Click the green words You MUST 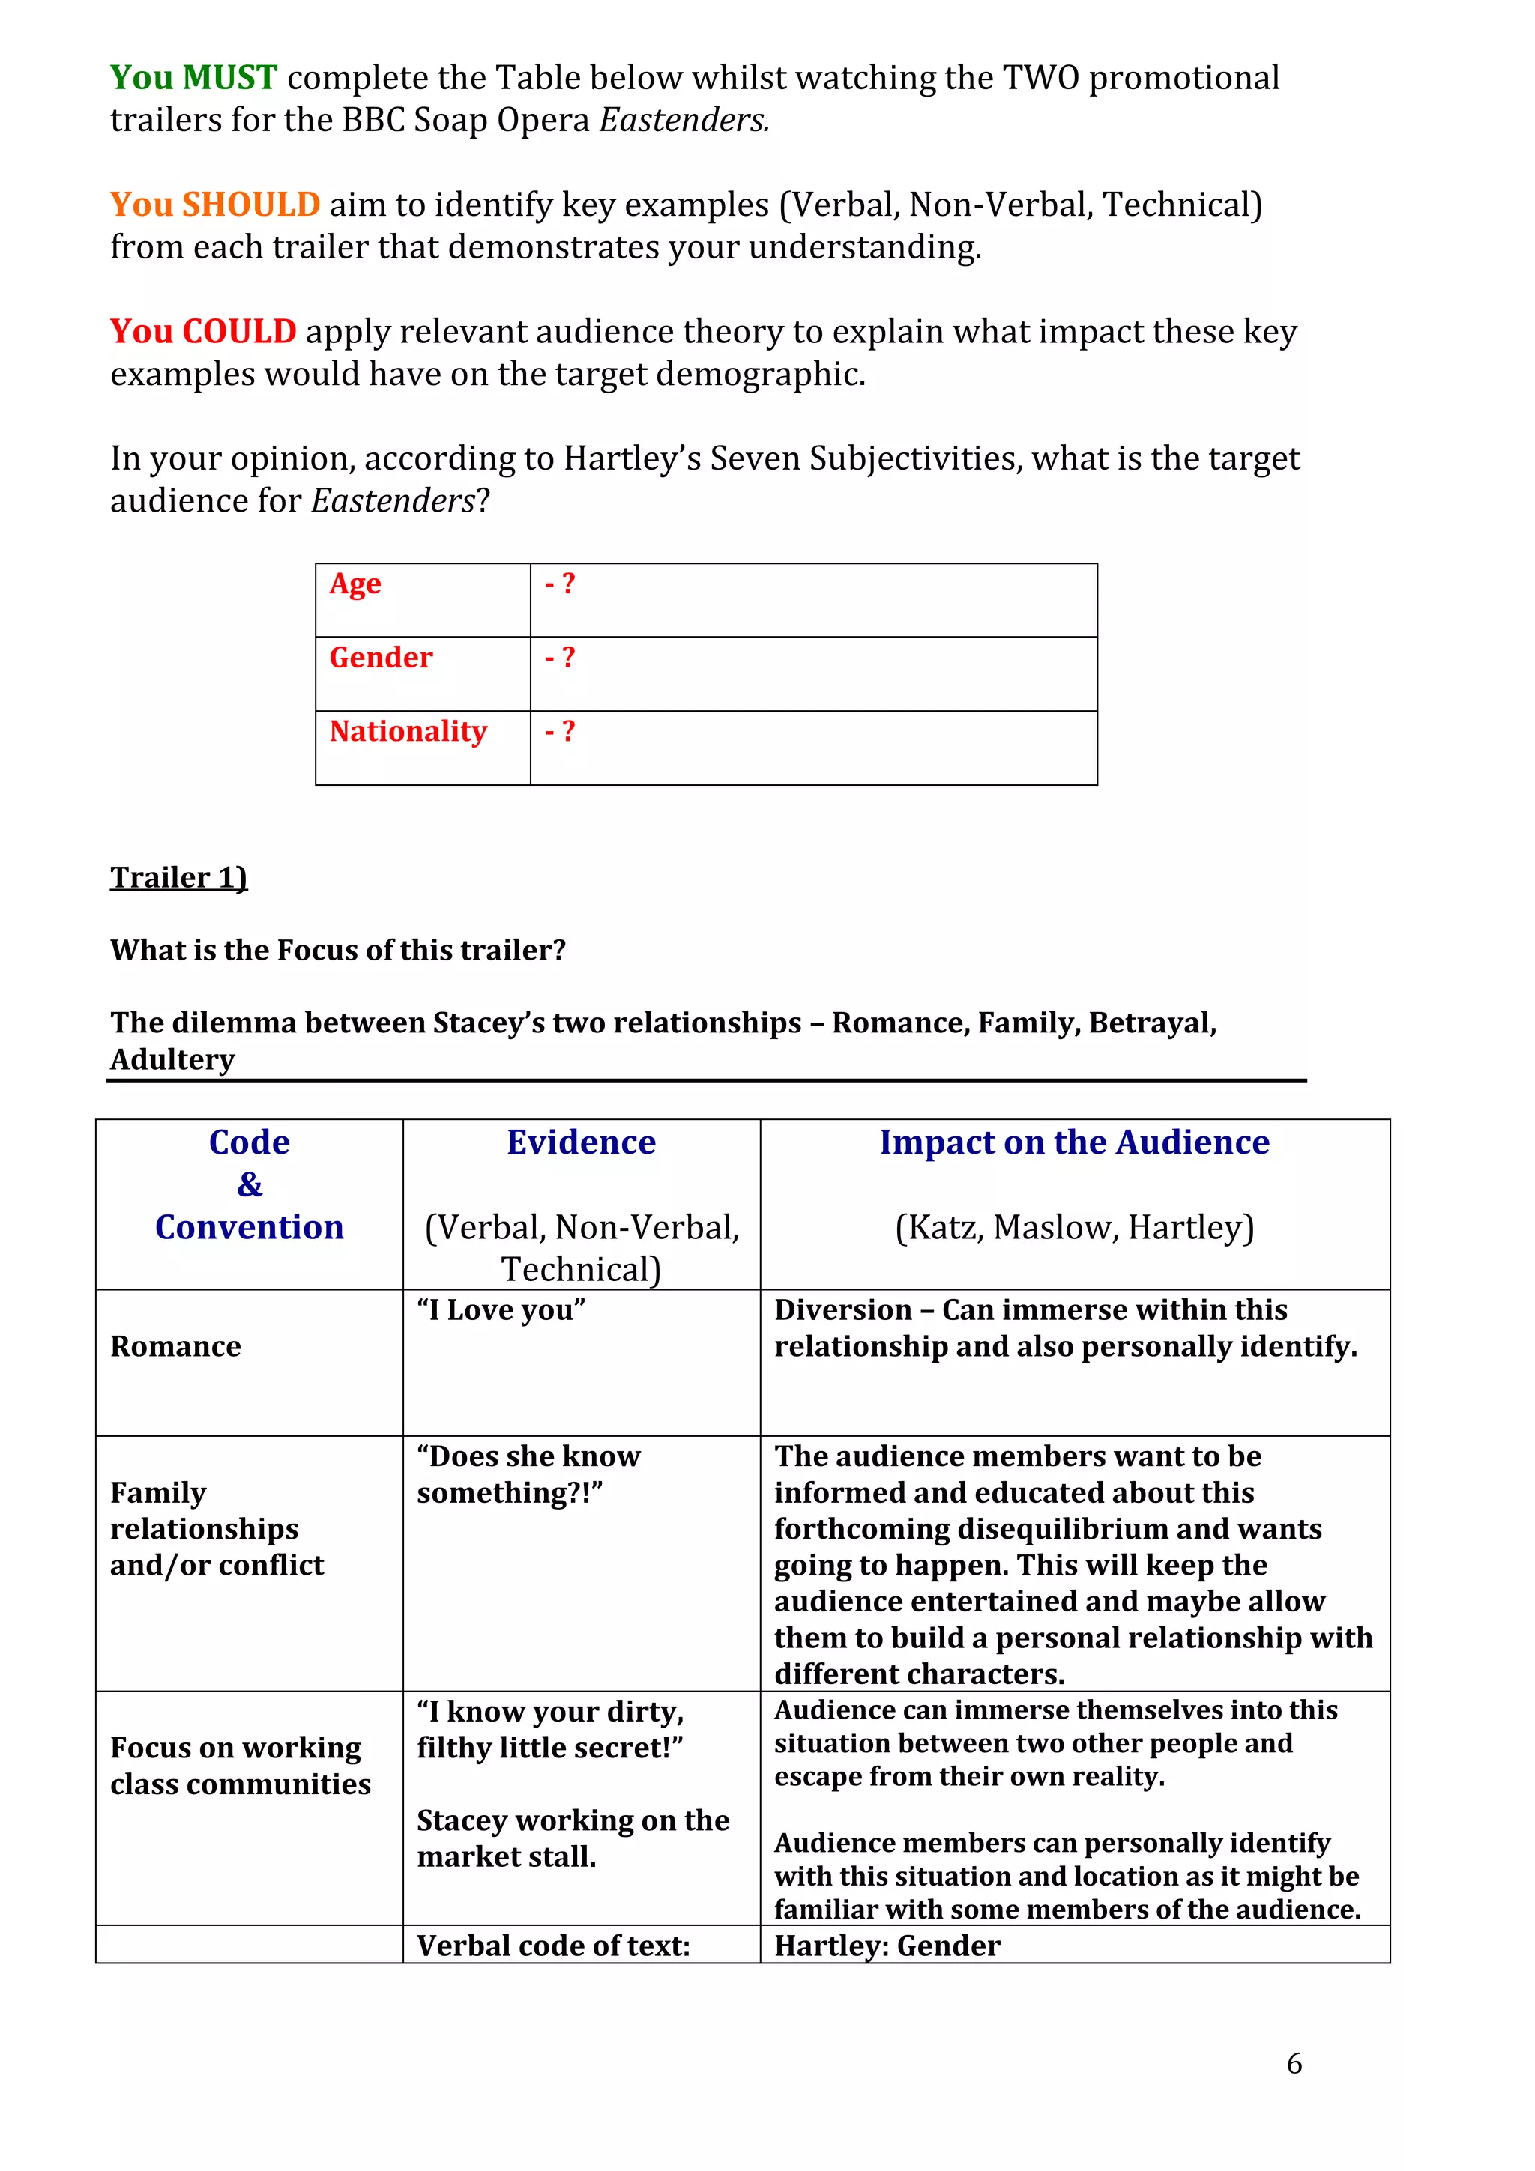193,78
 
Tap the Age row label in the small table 355,584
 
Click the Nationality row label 408,731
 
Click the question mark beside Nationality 567,731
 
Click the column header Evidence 581,1142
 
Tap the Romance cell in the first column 176,1345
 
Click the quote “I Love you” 501,1309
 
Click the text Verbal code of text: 553,1946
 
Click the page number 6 1294,2063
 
